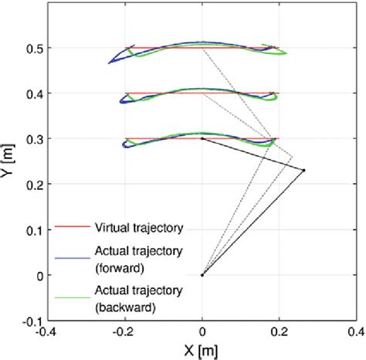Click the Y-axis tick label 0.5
(x=33, y=48)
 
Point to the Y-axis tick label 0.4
(x=33, y=93)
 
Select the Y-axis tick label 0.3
(x=33, y=139)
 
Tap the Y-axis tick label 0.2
(x=33, y=185)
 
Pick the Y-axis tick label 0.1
(x=33, y=230)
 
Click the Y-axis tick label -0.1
(x=32, y=321)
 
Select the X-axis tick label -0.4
(x=49, y=333)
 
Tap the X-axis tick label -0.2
(x=124, y=333)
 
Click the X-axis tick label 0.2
(x=279, y=333)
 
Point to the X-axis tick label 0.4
(x=354, y=333)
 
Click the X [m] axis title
(x=202, y=350)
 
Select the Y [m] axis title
(x=9, y=161)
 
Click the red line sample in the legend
(x=73, y=228)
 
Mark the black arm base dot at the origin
(x=202, y=275)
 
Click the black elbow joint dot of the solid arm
(x=303, y=170)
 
